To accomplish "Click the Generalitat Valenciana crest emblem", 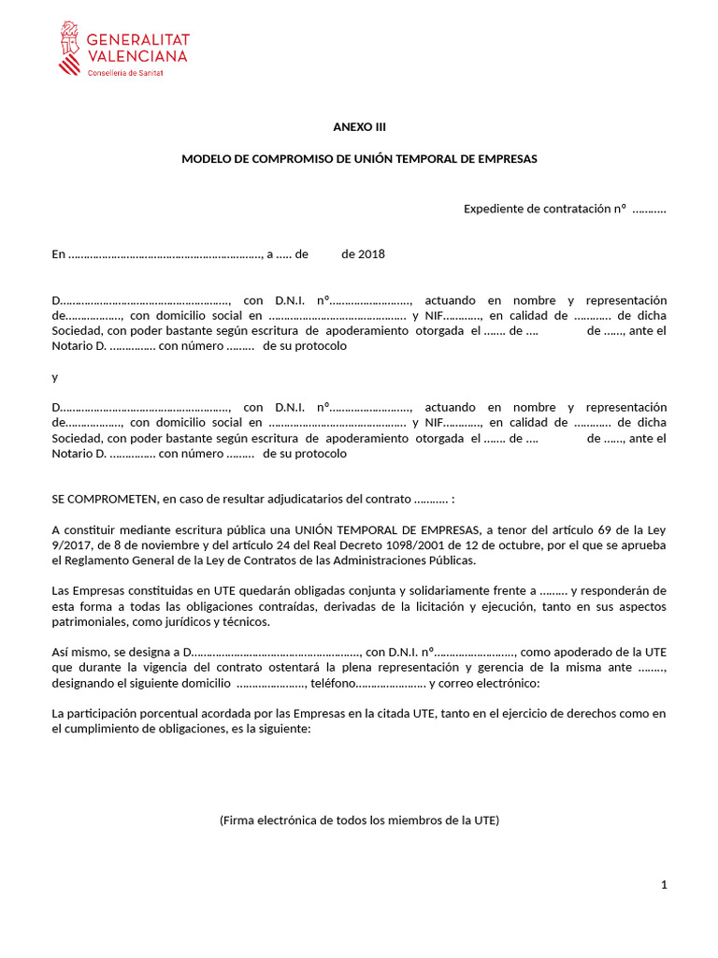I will tap(68, 48).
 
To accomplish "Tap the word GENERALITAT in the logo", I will tap(138, 39).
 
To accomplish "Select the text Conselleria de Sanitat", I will tap(124, 72).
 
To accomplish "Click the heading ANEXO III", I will tap(359, 127).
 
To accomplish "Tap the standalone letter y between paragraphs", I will tap(55, 377).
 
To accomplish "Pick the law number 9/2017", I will tap(71, 545).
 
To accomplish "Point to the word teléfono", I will tap(332, 683).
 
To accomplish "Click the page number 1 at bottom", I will tap(663, 886).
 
